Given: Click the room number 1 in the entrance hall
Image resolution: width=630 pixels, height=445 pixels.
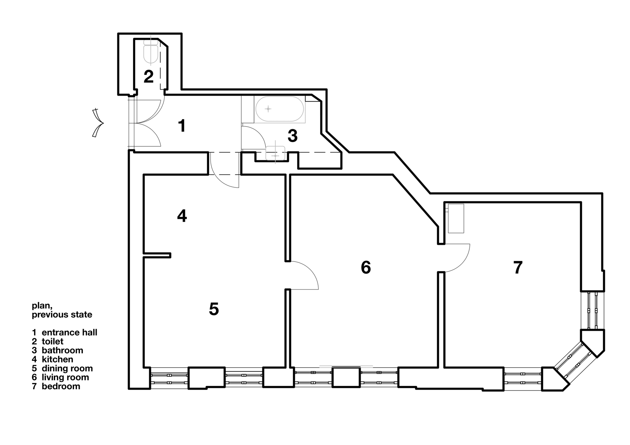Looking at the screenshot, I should click(x=182, y=126).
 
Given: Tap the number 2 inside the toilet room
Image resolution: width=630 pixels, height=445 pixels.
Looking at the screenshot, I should click(x=148, y=77).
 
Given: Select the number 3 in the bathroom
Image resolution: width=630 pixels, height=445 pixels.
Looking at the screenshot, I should click(x=293, y=136).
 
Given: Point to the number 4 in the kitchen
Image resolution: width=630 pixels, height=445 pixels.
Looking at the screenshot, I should click(x=182, y=216).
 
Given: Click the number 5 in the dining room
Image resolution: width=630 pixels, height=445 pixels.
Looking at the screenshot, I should click(x=214, y=309).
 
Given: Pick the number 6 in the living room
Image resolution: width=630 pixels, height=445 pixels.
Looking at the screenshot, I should click(x=366, y=267).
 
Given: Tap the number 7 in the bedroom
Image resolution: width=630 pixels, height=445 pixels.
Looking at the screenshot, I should click(x=518, y=267).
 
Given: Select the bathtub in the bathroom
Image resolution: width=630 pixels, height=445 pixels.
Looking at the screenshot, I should click(x=279, y=109).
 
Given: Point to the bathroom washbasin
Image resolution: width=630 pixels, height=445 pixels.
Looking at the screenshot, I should click(x=276, y=154).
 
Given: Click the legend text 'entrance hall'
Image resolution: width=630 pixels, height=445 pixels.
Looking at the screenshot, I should click(x=69, y=333).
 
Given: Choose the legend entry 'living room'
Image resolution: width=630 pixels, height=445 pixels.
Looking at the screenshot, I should click(x=65, y=377).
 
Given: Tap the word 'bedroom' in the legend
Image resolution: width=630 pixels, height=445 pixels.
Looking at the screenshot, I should click(x=61, y=386).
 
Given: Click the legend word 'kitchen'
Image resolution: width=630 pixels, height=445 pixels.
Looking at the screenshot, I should click(x=57, y=359).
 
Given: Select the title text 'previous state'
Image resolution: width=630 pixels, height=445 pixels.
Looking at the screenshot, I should click(x=62, y=315).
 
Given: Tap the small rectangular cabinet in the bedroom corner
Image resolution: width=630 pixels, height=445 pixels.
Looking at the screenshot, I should click(x=456, y=218).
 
